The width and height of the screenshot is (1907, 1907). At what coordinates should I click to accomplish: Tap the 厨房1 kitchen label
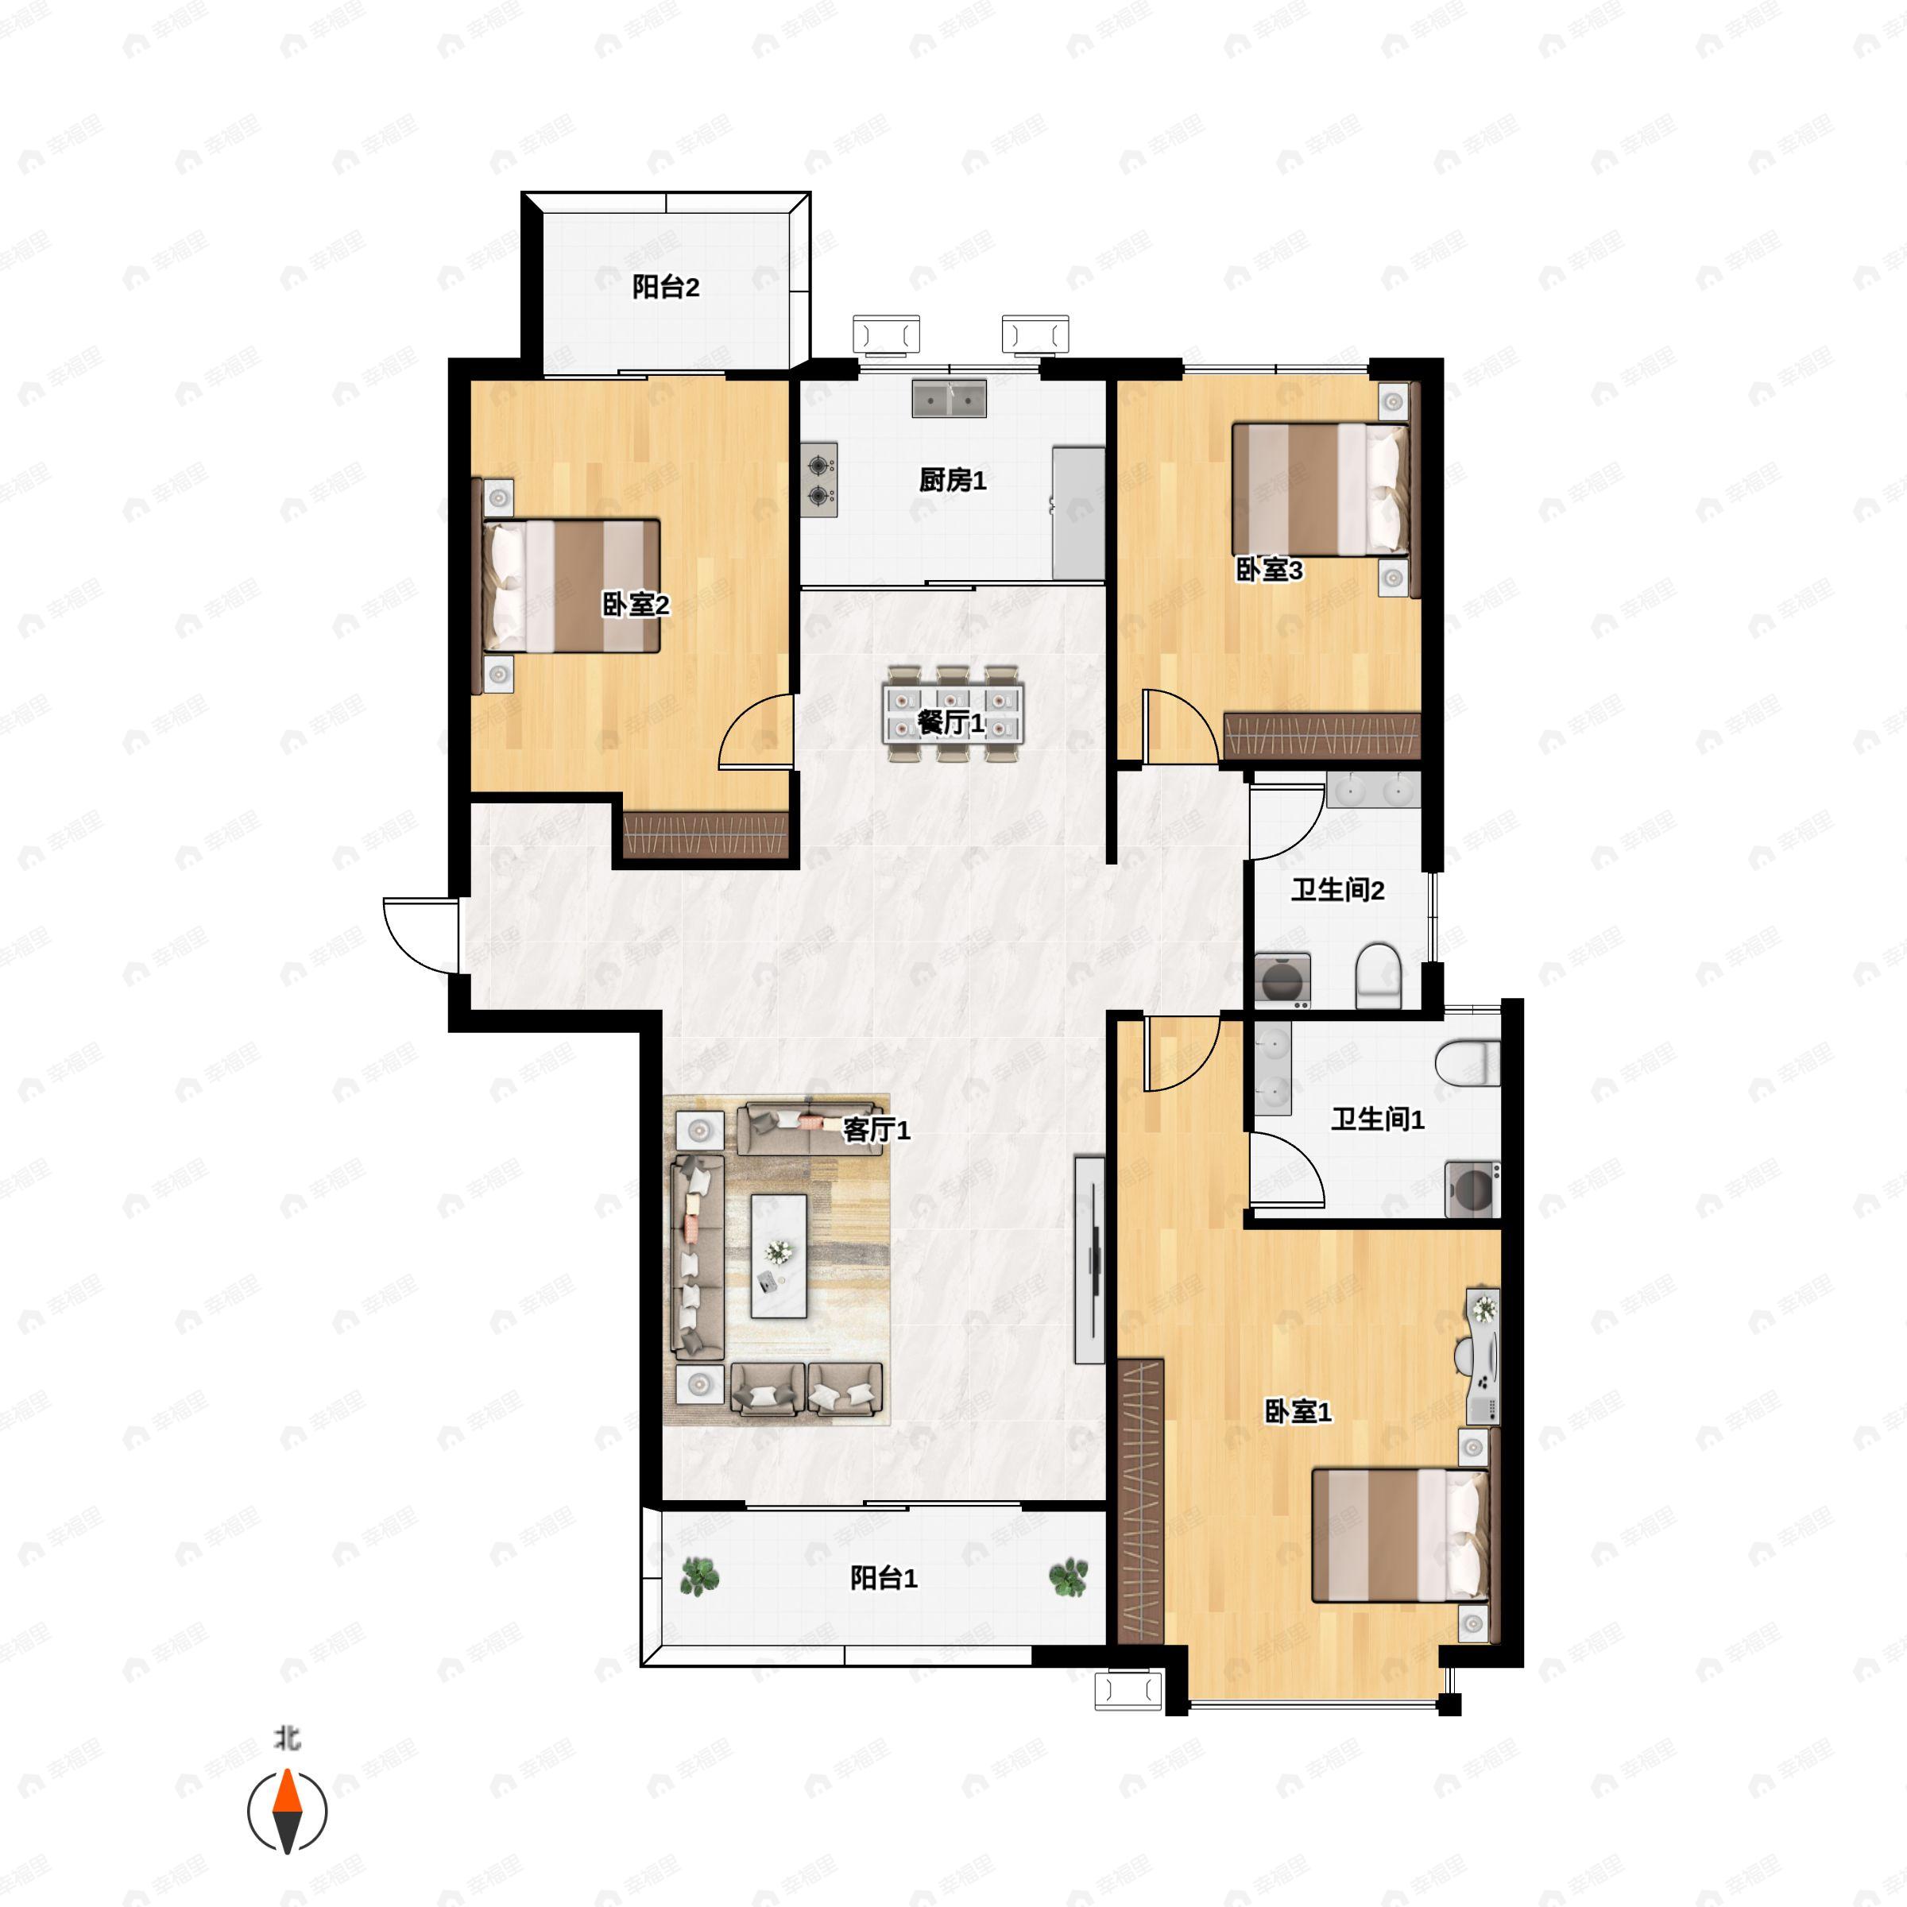point(953,481)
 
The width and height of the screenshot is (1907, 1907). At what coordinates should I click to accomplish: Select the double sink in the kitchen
point(949,399)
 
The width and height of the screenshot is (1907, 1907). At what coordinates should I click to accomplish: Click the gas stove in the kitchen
point(819,480)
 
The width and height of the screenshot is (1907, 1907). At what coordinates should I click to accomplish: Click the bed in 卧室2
point(570,586)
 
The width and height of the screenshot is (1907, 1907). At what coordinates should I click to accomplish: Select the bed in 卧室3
point(1321,489)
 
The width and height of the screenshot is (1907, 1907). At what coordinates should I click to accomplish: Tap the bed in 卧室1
point(1398,1549)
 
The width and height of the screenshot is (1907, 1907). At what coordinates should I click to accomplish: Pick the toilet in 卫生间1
point(1468,1063)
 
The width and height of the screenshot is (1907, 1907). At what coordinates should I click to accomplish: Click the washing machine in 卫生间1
point(1472,1189)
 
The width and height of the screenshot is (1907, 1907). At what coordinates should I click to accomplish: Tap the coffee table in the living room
point(779,1256)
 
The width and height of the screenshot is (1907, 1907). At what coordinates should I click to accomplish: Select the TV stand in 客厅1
point(1089,1259)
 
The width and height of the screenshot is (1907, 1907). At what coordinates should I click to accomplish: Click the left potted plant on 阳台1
point(699,1576)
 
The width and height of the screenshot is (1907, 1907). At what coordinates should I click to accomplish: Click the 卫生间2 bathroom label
point(1337,890)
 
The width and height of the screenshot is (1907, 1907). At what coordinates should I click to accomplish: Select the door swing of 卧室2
point(756,730)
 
